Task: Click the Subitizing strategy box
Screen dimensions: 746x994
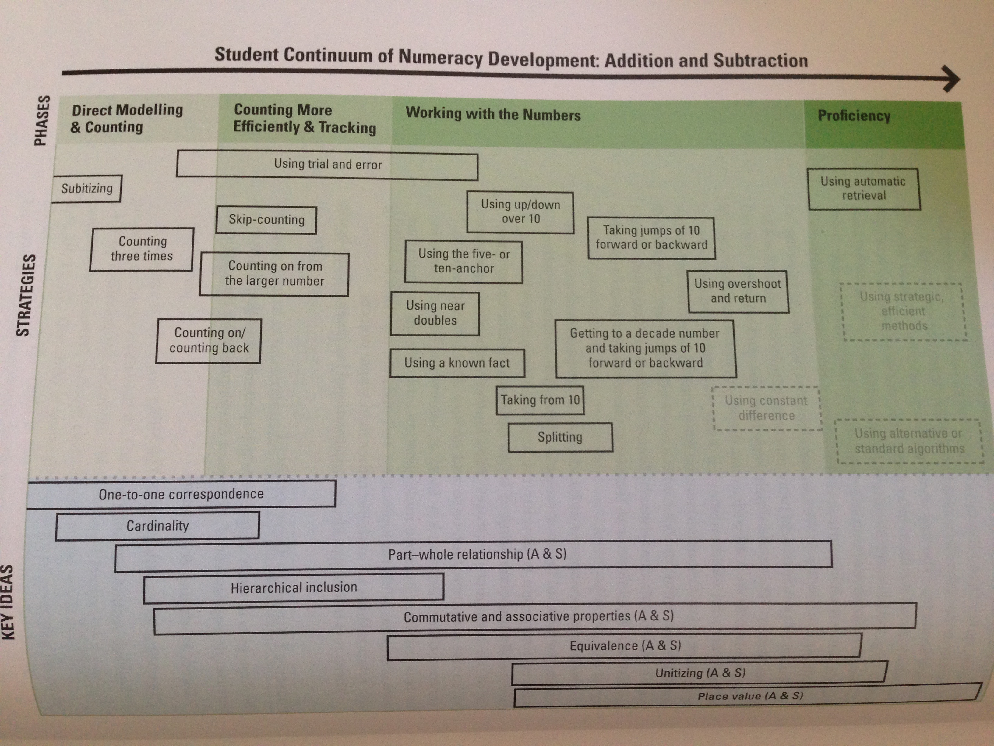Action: [87, 188]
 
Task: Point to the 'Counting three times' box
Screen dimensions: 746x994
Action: [142, 249]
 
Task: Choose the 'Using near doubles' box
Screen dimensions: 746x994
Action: [435, 313]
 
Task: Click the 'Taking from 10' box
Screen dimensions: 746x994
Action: [540, 400]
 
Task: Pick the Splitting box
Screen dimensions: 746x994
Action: [560, 437]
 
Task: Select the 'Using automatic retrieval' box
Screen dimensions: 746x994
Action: [863, 189]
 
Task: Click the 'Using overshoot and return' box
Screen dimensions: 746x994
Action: [738, 291]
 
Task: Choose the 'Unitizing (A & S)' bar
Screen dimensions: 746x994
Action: [700, 673]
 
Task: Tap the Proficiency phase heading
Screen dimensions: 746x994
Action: [854, 116]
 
